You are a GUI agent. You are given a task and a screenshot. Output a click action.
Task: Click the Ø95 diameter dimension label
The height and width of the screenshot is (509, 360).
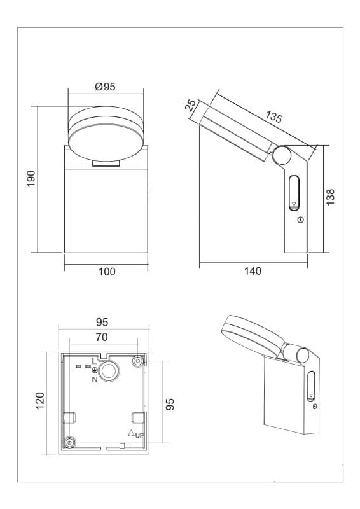[105, 87]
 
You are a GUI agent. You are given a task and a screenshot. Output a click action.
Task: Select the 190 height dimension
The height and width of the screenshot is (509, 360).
[31, 178]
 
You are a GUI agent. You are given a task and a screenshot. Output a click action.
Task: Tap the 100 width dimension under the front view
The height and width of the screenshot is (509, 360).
[107, 272]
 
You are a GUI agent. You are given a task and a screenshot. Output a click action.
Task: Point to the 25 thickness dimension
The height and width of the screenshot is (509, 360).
[191, 106]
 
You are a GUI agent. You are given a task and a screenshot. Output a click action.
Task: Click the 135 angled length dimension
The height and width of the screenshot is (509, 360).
[273, 117]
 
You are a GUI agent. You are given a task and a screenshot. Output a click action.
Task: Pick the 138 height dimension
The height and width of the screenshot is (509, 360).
[330, 197]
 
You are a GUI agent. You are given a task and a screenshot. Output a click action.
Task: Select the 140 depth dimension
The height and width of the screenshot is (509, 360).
[253, 271]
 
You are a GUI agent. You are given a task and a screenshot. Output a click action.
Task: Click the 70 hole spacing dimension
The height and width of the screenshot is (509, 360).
[102, 337]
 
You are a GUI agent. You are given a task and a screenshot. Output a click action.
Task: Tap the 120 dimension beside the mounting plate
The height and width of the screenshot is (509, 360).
[40, 401]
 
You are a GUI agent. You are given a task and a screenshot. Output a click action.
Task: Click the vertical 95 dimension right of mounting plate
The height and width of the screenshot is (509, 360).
[170, 404]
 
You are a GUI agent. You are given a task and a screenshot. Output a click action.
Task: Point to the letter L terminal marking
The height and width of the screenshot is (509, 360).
[95, 361]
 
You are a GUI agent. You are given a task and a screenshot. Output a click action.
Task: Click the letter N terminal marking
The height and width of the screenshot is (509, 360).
[95, 379]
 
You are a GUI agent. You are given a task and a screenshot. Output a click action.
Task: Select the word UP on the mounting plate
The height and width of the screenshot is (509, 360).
[139, 436]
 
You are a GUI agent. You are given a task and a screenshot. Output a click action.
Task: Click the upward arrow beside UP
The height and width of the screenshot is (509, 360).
[131, 437]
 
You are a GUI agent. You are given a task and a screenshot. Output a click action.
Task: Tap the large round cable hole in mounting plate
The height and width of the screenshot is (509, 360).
[109, 371]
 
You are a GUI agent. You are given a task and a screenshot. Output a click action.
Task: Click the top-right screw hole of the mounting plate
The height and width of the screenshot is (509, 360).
[138, 361]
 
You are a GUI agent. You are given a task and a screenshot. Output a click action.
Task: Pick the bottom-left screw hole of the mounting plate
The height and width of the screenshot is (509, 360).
[69, 442]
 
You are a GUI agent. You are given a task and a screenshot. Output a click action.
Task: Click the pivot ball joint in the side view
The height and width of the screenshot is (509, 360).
[282, 155]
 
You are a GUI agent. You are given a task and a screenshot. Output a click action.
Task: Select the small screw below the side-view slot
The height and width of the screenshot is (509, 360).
[301, 220]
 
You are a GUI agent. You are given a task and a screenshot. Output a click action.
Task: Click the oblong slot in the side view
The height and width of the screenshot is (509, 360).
[294, 193]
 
